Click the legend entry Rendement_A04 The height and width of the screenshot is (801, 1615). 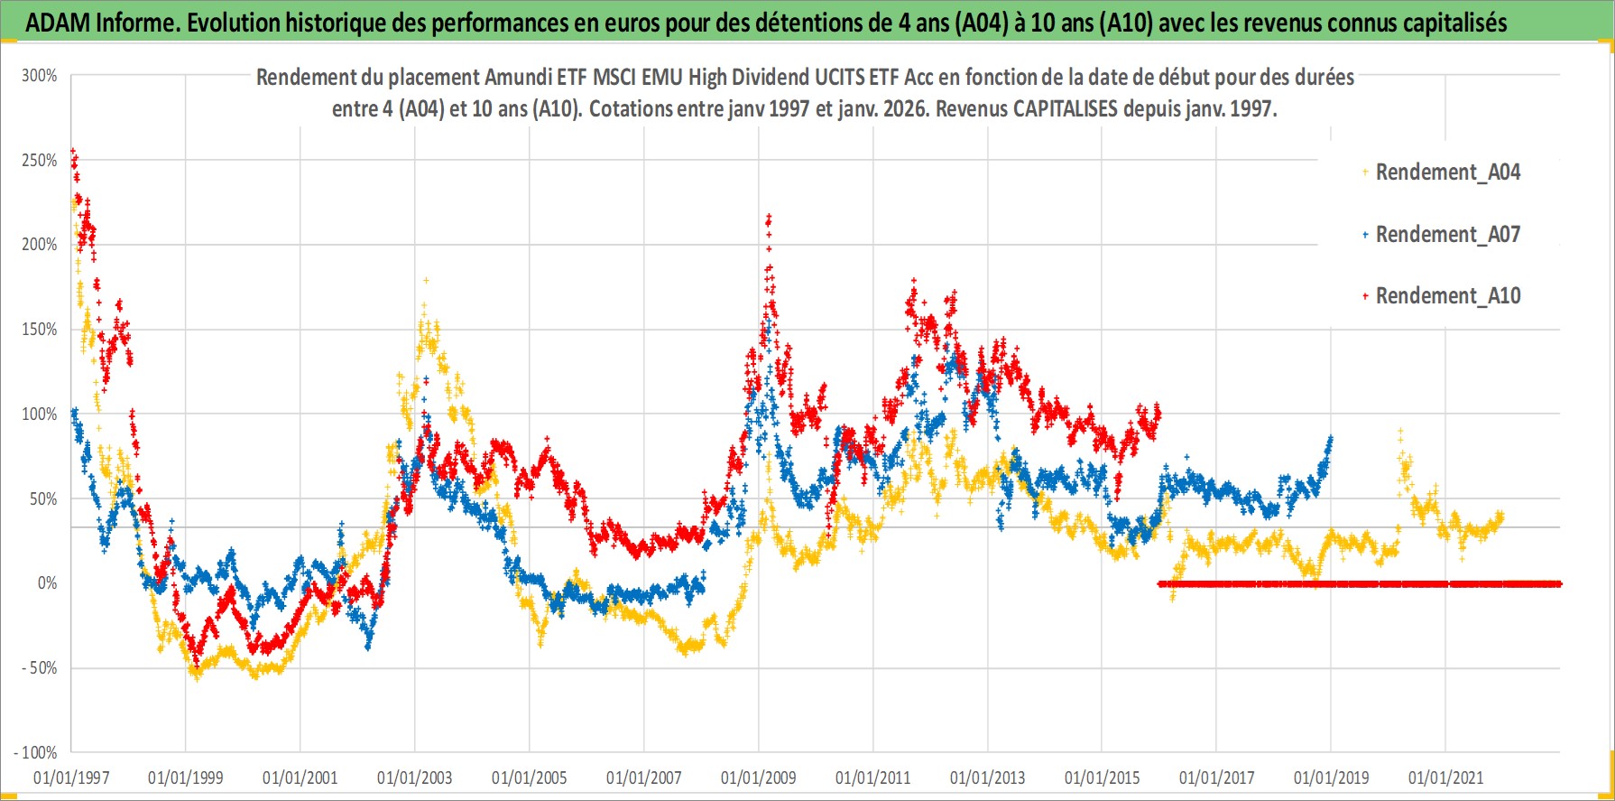[x=1447, y=172]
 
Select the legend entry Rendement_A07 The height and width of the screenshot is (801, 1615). [x=1447, y=235]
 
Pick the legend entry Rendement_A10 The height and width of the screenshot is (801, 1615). [x=1447, y=296]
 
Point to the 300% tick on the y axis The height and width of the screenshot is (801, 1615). [x=40, y=76]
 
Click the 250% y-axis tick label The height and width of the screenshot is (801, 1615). [x=40, y=161]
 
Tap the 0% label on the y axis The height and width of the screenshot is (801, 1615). [x=47, y=583]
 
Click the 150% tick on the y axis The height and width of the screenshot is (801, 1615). [x=40, y=330]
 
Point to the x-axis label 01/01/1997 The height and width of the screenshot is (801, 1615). [x=71, y=778]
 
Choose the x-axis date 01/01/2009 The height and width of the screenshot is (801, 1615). [x=759, y=778]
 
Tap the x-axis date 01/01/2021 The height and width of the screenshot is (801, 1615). [x=1445, y=778]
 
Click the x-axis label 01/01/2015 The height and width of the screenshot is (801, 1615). [x=1102, y=778]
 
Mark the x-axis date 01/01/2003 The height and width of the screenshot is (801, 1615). [x=415, y=778]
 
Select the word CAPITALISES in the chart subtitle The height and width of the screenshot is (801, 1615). [x=1066, y=109]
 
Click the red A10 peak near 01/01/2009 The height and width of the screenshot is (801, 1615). [x=769, y=217]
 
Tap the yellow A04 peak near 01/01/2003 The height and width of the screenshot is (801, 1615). [x=426, y=281]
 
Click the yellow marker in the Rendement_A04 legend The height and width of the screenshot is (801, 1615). [x=1365, y=172]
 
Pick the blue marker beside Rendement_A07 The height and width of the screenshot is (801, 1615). [x=1365, y=235]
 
